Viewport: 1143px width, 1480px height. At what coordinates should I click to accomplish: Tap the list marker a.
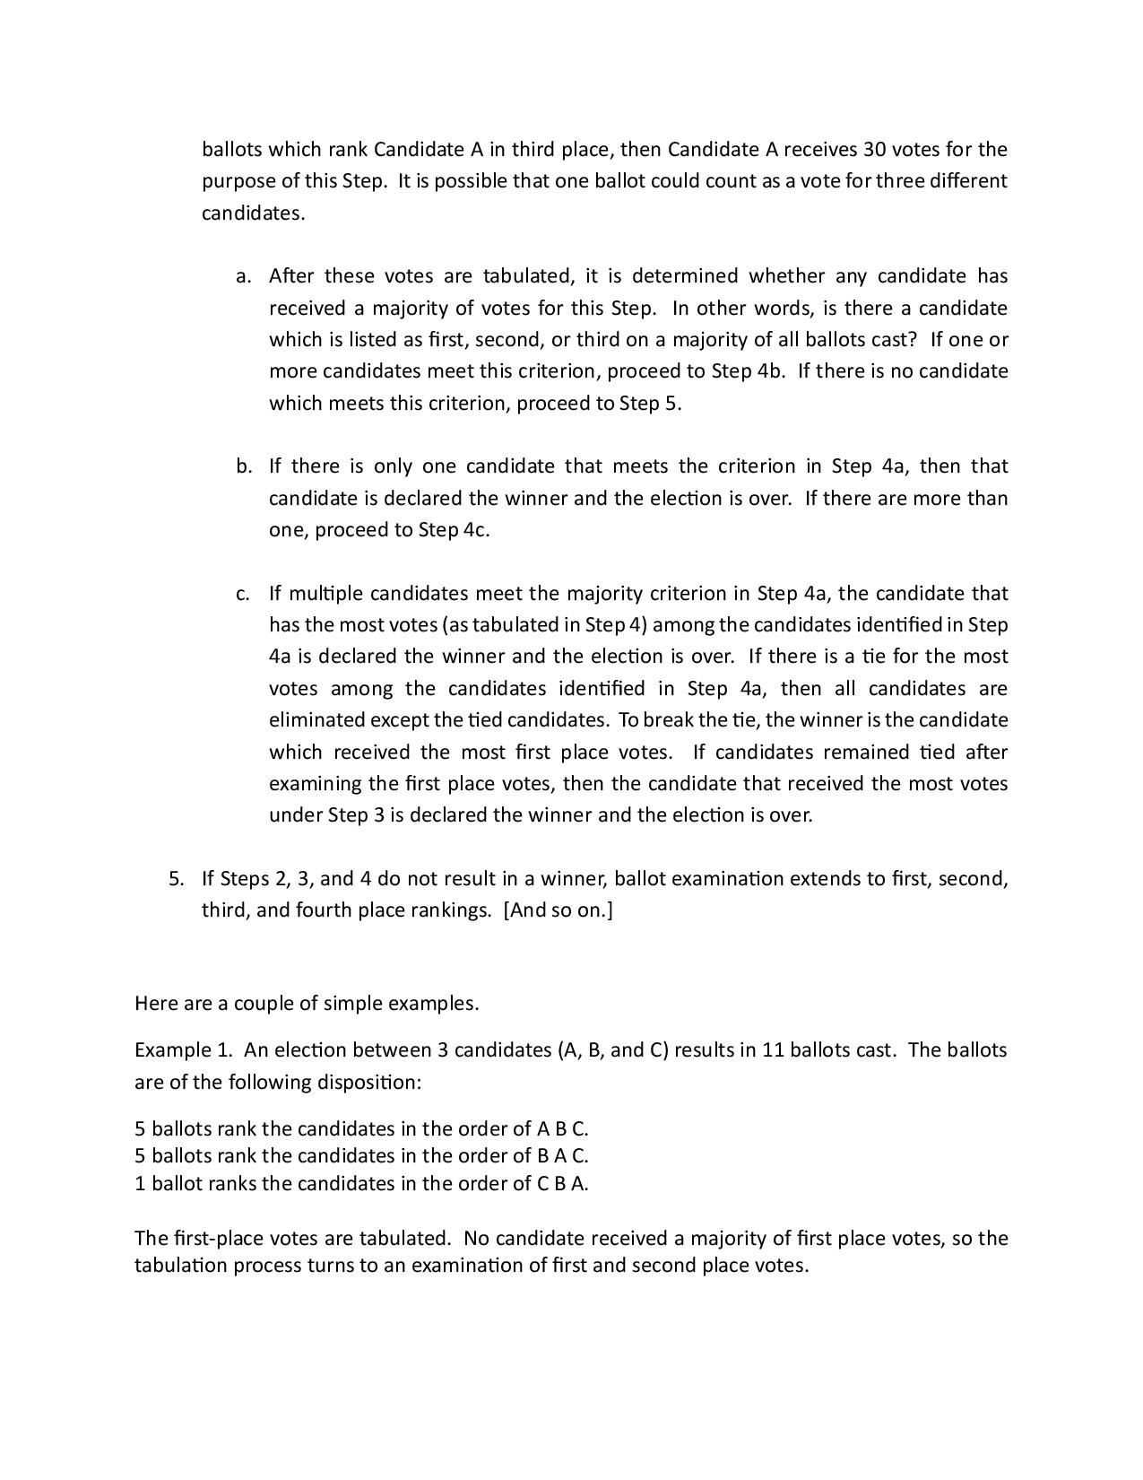point(242,276)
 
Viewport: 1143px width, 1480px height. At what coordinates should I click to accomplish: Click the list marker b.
point(243,466)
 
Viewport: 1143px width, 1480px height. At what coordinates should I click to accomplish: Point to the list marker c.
point(242,594)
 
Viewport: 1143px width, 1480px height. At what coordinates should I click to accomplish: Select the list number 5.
point(176,879)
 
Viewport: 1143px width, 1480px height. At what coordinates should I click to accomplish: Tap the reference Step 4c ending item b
point(454,530)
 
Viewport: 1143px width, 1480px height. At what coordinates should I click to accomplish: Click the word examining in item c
point(313,784)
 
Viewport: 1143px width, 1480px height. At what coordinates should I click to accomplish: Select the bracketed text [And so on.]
point(559,910)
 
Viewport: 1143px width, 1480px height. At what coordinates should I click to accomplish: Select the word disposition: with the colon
point(368,1082)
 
